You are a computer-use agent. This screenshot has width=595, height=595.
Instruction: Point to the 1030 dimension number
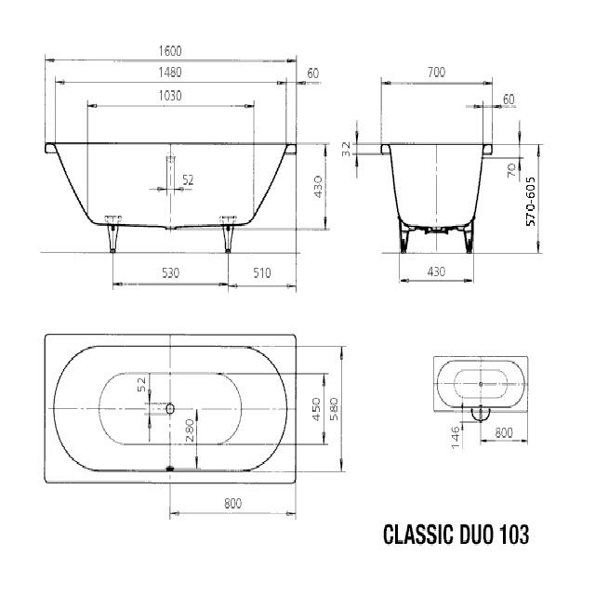coord(169,95)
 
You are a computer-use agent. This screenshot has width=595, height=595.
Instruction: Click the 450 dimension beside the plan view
coord(316,409)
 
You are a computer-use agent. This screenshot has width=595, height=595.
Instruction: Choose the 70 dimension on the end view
coord(511,169)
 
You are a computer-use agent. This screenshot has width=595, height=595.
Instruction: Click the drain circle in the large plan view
coord(170,408)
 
